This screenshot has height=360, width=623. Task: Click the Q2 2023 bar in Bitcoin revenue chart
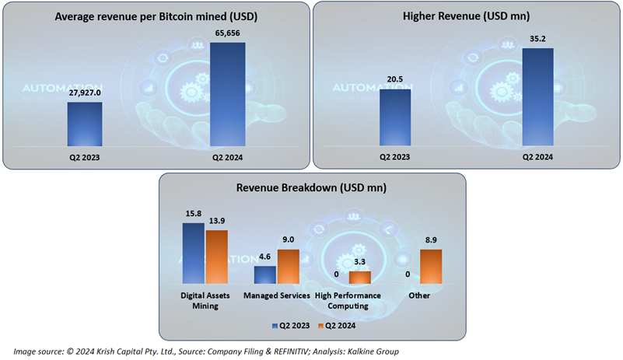pyautogui.click(x=84, y=124)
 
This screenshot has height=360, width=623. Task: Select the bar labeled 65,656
pyautogui.click(x=228, y=93)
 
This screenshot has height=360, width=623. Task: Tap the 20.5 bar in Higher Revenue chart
pyautogui.click(x=395, y=117)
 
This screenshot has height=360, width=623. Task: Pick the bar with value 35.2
pyautogui.click(x=537, y=97)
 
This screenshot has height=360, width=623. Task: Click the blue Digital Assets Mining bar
pyautogui.click(x=193, y=253)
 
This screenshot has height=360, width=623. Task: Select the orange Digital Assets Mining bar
pyautogui.click(x=216, y=257)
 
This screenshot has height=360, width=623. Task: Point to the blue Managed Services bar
pyautogui.click(x=265, y=275)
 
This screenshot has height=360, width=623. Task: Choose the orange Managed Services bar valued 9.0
pyautogui.click(x=289, y=267)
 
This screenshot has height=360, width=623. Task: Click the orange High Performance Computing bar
pyautogui.click(x=360, y=278)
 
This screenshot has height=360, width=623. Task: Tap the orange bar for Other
pyautogui.click(x=431, y=267)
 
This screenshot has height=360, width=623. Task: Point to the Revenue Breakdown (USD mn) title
pyautogui.click(x=312, y=188)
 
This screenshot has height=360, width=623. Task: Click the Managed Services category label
pyautogui.click(x=277, y=296)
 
